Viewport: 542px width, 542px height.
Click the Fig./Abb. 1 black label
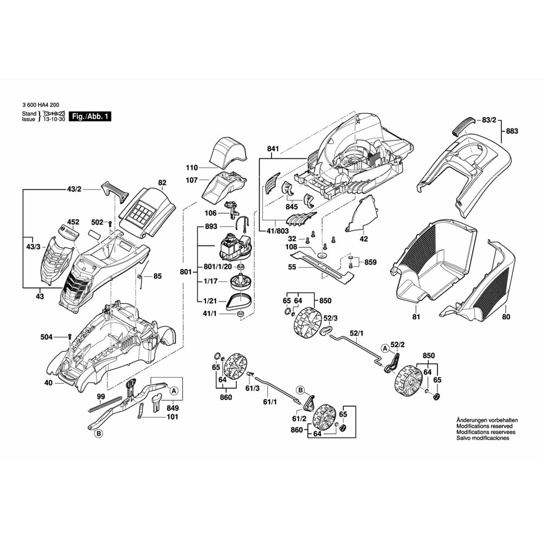pyautogui.click(x=91, y=117)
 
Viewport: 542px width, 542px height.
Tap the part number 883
pyautogui.click(x=512, y=131)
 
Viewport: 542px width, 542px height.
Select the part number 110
pyautogui.click(x=192, y=168)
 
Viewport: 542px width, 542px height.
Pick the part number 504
pyautogui.click(x=47, y=337)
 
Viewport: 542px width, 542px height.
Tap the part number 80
pyautogui.click(x=506, y=317)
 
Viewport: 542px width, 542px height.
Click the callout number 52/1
pyautogui.click(x=357, y=333)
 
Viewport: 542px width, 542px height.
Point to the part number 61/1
pyautogui.click(x=270, y=402)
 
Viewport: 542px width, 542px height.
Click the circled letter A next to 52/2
pyautogui.click(x=385, y=347)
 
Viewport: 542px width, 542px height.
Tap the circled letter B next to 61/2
pyautogui.click(x=300, y=390)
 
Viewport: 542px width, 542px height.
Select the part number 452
pyautogui.click(x=73, y=222)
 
